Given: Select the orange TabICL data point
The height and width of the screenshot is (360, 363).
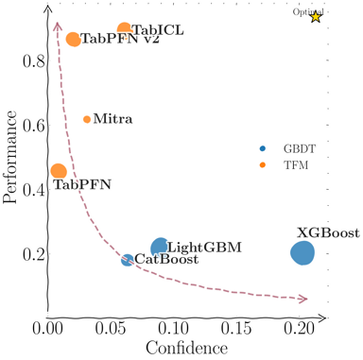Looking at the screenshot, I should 124,30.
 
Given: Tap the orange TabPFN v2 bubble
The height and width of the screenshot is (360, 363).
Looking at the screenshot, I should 74,40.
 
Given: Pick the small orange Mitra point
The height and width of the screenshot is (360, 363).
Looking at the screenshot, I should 87,119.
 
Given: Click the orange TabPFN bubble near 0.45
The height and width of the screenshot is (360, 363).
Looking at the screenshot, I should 59,171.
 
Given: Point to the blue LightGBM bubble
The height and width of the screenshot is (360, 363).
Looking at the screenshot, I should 160,247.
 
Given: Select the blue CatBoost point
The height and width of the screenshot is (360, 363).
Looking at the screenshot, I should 128,260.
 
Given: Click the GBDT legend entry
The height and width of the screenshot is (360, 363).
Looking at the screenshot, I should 285,149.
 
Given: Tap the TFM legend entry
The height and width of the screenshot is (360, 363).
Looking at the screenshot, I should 283,165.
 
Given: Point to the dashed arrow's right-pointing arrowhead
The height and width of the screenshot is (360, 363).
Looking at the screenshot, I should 303,300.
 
